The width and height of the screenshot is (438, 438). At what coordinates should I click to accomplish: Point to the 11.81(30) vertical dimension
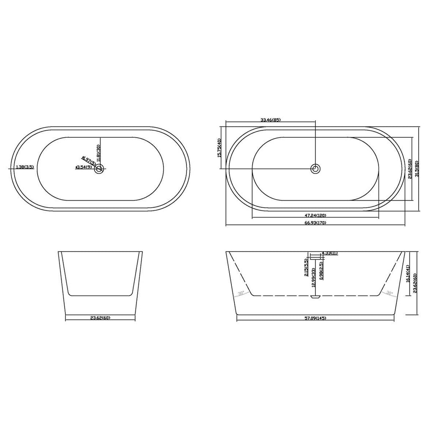pyautogui.click(x=98, y=152)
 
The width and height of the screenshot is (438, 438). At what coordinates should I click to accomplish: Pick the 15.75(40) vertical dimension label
pyautogui.click(x=219, y=148)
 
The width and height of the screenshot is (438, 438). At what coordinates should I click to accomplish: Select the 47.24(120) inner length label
pyautogui.click(x=315, y=215)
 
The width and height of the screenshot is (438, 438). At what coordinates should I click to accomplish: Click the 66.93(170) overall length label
pyautogui.click(x=315, y=223)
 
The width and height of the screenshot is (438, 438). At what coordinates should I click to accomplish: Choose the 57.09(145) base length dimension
pyautogui.click(x=315, y=318)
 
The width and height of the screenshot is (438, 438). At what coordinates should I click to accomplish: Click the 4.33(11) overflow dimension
pyautogui.click(x=329, y=253)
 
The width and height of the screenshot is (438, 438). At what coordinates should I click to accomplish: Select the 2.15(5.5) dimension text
pyautogui.click(x=306, y=268)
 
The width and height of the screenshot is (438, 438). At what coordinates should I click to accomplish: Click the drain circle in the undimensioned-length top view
pyautogui.click(x=99, y=168)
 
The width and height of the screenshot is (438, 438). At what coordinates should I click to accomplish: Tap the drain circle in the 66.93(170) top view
pyautogui.click(x=316, y=169)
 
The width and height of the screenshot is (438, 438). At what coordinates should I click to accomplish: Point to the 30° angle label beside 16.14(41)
pyautogui.click(x=389, y=293)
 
